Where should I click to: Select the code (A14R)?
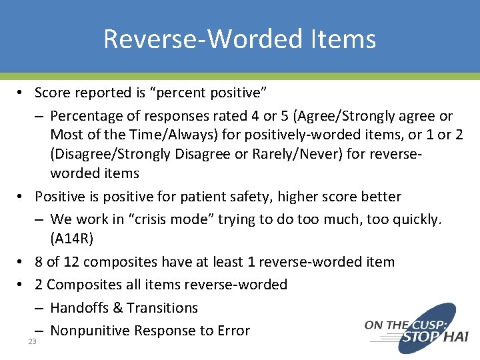coord(74,238)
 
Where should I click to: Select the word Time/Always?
coord(153,135)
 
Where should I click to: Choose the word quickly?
coord(414,219)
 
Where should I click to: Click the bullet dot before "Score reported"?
coord(22,93)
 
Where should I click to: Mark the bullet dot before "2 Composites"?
coord(22,285)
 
